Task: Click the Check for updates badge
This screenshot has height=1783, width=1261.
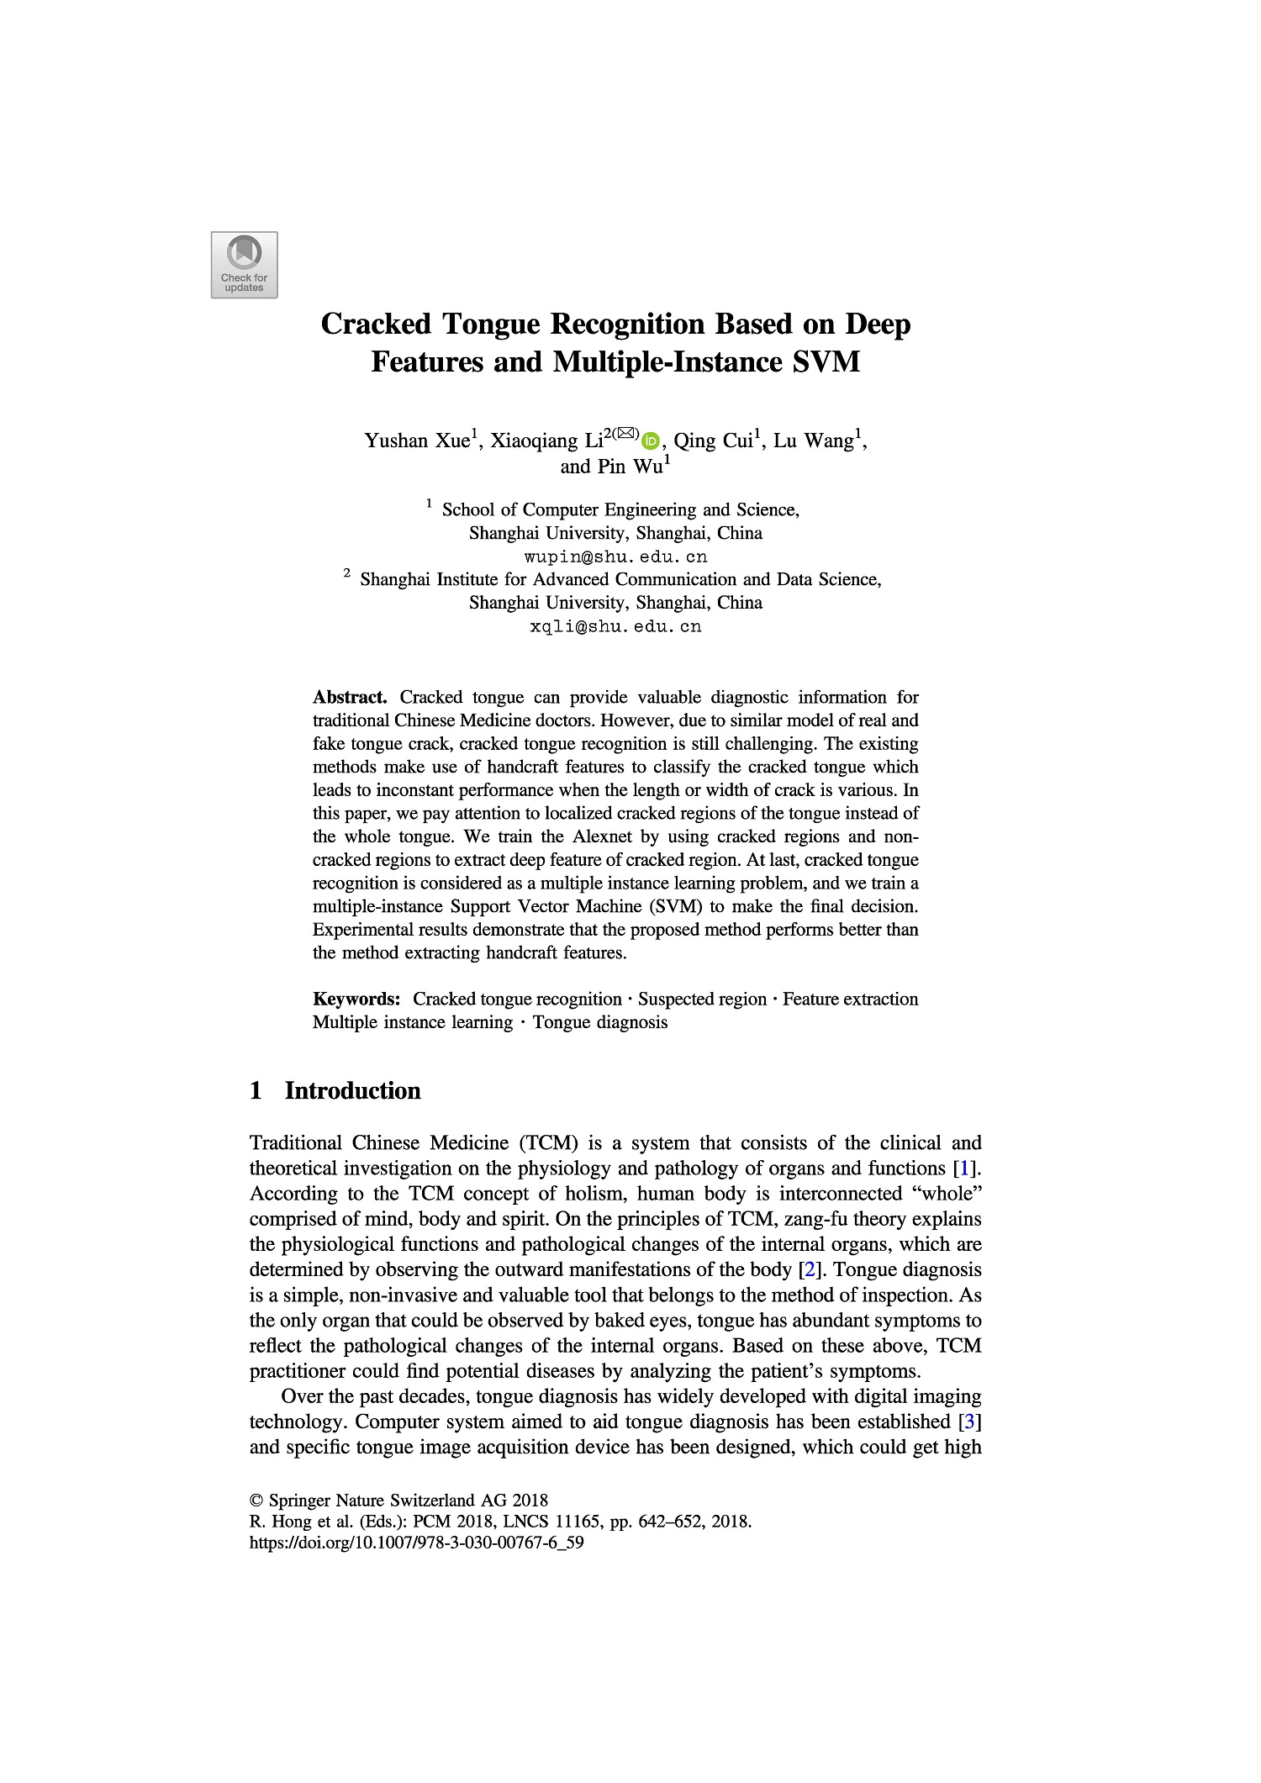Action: (x=244, y=265)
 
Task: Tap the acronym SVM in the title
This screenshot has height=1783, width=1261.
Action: (x=826, y=362)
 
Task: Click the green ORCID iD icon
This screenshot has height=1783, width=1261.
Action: (x=650, y=440)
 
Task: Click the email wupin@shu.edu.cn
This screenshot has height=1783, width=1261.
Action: (x=615, y=557)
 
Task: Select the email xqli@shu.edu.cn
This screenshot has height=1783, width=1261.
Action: (x=615, y=626)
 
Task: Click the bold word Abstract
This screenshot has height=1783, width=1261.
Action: (x=350, y=697)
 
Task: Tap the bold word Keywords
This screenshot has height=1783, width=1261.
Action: (x=356, y=999)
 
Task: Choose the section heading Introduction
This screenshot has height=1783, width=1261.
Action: (x=352, y=1090)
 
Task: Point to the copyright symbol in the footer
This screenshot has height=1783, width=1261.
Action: (x=257, y=1501)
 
